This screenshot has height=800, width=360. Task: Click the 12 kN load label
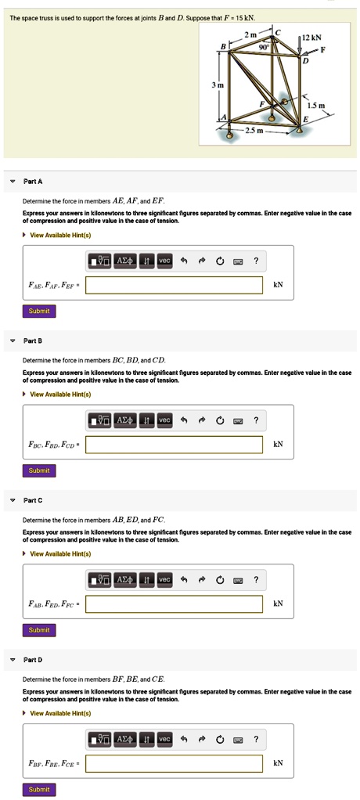point(311,38)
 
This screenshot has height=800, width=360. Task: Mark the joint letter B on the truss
point(222,46)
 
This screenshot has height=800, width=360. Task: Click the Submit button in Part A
point(39,311)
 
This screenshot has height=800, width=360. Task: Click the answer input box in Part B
point(174,445)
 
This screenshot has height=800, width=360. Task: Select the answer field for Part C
point(174,604)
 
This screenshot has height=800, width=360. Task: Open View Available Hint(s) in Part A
point(60,235)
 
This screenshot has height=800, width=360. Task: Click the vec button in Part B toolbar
point(164,420)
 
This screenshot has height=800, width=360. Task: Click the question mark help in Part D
point(255,739)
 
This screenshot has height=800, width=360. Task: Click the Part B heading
point(33,341)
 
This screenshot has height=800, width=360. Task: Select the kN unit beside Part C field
point(277,604)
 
